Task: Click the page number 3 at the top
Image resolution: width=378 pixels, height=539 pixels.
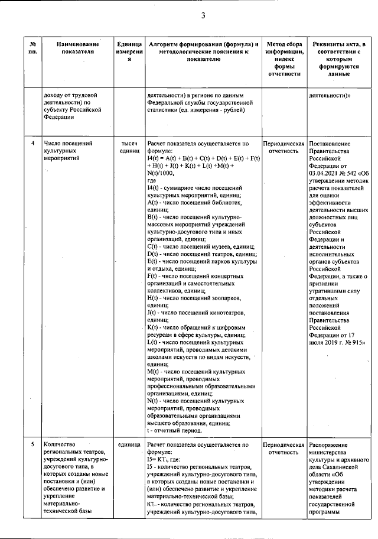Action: pyautogui.click(x=202, y=15)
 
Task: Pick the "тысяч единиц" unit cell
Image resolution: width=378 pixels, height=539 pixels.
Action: pyautogui.click(x=129, y=148)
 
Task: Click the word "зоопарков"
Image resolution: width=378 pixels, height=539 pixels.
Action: pyautogui.click(x=227, y=298)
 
